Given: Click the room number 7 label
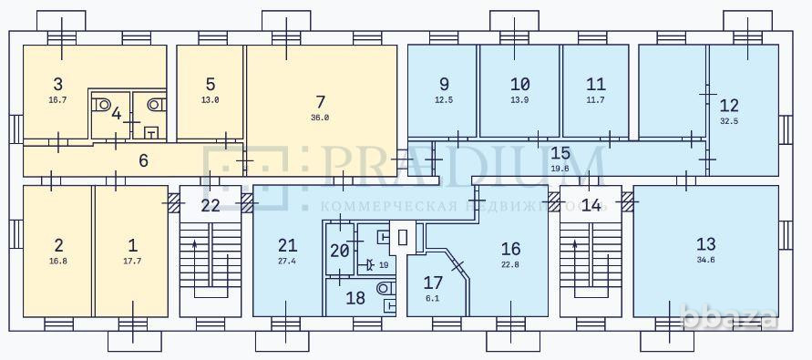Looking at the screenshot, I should point(320,101).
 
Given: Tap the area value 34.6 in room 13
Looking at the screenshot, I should point(705,261).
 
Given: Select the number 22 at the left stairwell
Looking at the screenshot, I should point(211,206).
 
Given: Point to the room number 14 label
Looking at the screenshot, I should point(591,206).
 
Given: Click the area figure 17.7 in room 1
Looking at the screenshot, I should point(133,261).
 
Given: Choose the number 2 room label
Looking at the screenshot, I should point(58,245).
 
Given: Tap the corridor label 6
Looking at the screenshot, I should point(144,161).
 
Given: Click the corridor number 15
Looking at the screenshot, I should point(560,153).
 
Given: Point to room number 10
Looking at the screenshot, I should point(519,84).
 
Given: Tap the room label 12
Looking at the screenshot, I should point(729,105).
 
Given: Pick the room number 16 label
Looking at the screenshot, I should point(510,248).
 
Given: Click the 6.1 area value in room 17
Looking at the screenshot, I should point(432,297).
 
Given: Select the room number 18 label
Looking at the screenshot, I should point(355,298).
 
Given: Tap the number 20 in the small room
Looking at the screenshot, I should point(339,252).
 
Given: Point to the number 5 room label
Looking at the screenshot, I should point(210,84).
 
